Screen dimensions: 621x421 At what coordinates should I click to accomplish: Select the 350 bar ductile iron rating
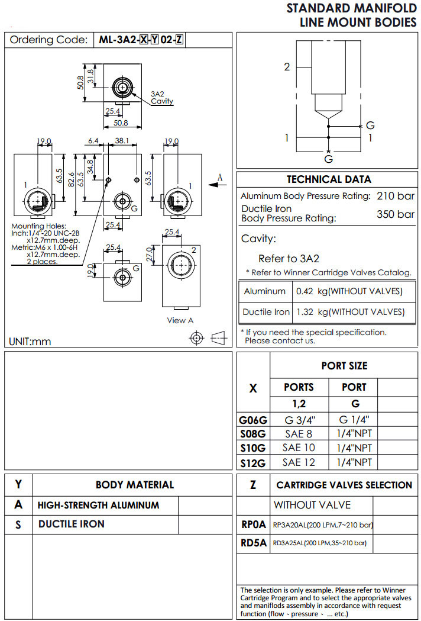(396, 214)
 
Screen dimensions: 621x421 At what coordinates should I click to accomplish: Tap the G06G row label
(253, 420)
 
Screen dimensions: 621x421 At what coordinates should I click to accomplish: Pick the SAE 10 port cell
(299, 448)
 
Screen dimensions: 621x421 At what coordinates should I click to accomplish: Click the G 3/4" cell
(299, 420)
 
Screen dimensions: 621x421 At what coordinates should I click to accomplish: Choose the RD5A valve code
(253, 542)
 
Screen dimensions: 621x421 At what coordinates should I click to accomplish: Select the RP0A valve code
(253, 524)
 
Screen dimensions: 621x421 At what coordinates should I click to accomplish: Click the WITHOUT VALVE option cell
(312, 505)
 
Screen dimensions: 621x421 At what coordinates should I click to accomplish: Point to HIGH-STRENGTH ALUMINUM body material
(98, 505)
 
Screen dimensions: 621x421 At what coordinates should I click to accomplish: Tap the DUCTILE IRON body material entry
(72, 524)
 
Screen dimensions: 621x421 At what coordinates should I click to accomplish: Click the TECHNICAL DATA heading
(329, 179)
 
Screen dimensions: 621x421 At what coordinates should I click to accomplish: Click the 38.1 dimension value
(122, 141)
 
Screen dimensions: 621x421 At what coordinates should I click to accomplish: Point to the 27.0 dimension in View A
(149, 253)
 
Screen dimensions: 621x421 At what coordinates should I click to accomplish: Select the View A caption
(180, 320)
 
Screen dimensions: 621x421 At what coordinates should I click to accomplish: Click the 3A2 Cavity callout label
(161, 98)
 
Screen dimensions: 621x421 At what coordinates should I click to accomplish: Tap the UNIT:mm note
(30, 342)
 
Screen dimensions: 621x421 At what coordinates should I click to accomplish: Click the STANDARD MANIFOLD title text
(351, 8)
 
